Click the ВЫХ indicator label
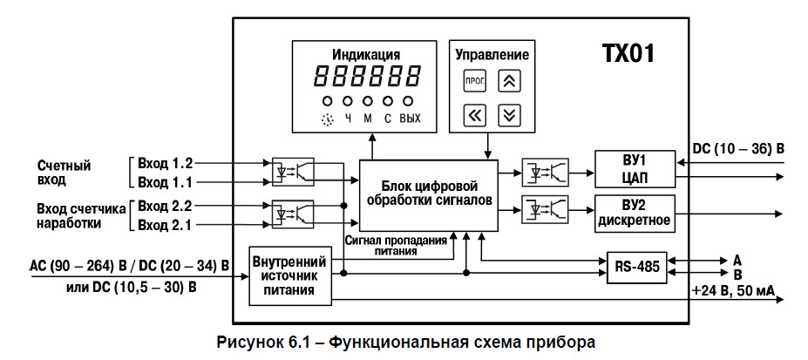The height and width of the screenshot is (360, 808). [410, 118]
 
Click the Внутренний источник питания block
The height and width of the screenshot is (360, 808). [293, 275]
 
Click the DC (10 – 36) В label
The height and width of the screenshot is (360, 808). [737, 148]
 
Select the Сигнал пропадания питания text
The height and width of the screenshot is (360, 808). [397, 245]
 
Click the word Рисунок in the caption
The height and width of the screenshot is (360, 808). [249, 342]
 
